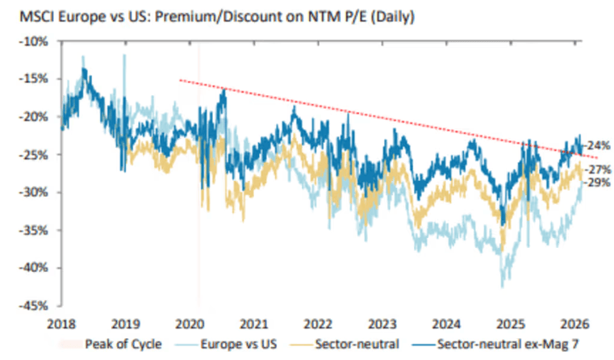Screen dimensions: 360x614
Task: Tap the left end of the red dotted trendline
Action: [x=179, y=79]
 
